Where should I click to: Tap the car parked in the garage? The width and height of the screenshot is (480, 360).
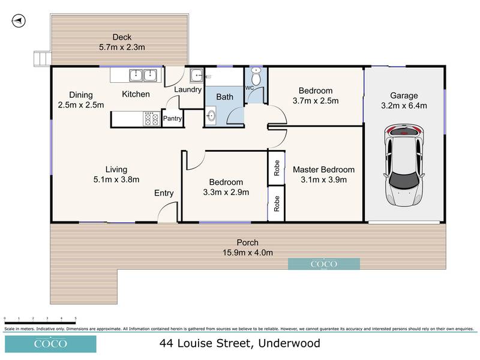[x=403, y=163]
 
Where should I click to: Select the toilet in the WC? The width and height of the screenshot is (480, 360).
[x=256, y=77]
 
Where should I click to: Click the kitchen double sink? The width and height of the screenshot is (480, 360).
[x=143, y=75]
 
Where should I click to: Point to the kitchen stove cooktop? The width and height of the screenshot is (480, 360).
[x=151, y=119]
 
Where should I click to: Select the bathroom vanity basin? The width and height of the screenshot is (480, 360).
[x=212, y=116]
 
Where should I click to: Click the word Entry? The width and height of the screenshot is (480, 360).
[x=164, y=193]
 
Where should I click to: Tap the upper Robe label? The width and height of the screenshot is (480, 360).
[x=277, y=167]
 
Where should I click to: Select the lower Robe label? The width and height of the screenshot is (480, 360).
[x=277, y=205]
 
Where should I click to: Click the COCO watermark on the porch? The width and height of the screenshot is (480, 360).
[x=324, y=263]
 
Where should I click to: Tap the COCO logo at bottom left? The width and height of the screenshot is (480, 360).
[x=48, y=344]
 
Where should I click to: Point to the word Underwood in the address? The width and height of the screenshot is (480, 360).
[x=289, y=344]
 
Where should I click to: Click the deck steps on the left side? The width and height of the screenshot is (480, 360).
[x=40, y=58]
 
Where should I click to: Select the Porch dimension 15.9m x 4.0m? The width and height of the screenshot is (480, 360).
[x=247, y=253]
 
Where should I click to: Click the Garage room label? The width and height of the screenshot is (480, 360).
[x=404, y=95]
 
